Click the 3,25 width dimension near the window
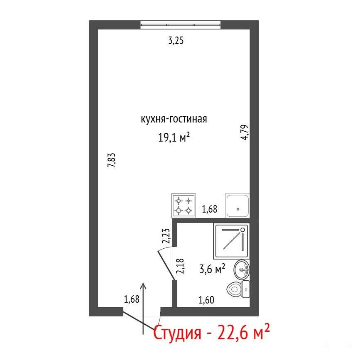pos(176,41)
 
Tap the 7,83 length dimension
pos(112,160)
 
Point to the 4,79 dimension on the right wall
pos(245,132)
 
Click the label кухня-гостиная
pos(174,119)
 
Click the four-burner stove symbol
pos(184,206)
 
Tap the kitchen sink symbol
pos(238,206)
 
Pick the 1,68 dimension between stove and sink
pos(209,209)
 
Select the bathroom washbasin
pos(242,270)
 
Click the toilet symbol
pos(238,289)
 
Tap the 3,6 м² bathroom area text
pos(212,268)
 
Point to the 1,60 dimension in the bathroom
pos(206,300)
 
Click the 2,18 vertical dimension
pos(180,266)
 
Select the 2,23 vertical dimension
pos(166,236)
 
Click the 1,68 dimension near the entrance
pos(132,299)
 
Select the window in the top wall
pos(181,24)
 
